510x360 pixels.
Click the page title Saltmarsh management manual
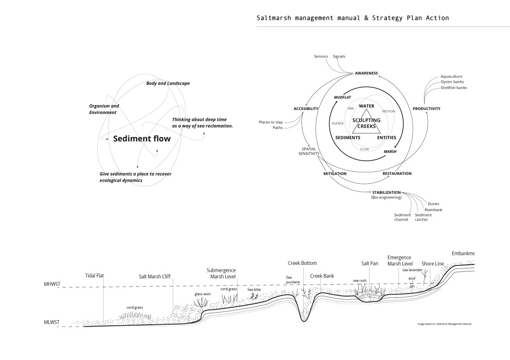[x=352, y=18]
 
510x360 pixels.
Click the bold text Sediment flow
[x=141, y=139]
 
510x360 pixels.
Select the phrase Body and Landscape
[x=168, y=83]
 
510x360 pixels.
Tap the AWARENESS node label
[x=366, y=74]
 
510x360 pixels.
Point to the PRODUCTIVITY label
[x=426, y=109]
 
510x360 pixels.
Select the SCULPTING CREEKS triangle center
[x=366, y=123]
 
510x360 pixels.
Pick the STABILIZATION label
[x=386, y=192]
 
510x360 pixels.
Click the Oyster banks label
[x=453, y=82]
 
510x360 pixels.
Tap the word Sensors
[x=321, y=56]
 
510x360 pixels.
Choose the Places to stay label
[x=271, y=122]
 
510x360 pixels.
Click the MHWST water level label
[x=51, y=285]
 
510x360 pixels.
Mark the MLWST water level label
[x=50, y=323]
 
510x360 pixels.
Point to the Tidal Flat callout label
[x=94, y=275]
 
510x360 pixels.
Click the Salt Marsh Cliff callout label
[x=156, y=275]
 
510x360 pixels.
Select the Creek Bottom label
[x=302, y=263]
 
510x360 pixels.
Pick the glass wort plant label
[x=202, y=294]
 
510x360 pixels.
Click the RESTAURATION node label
[x=397, y=174]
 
